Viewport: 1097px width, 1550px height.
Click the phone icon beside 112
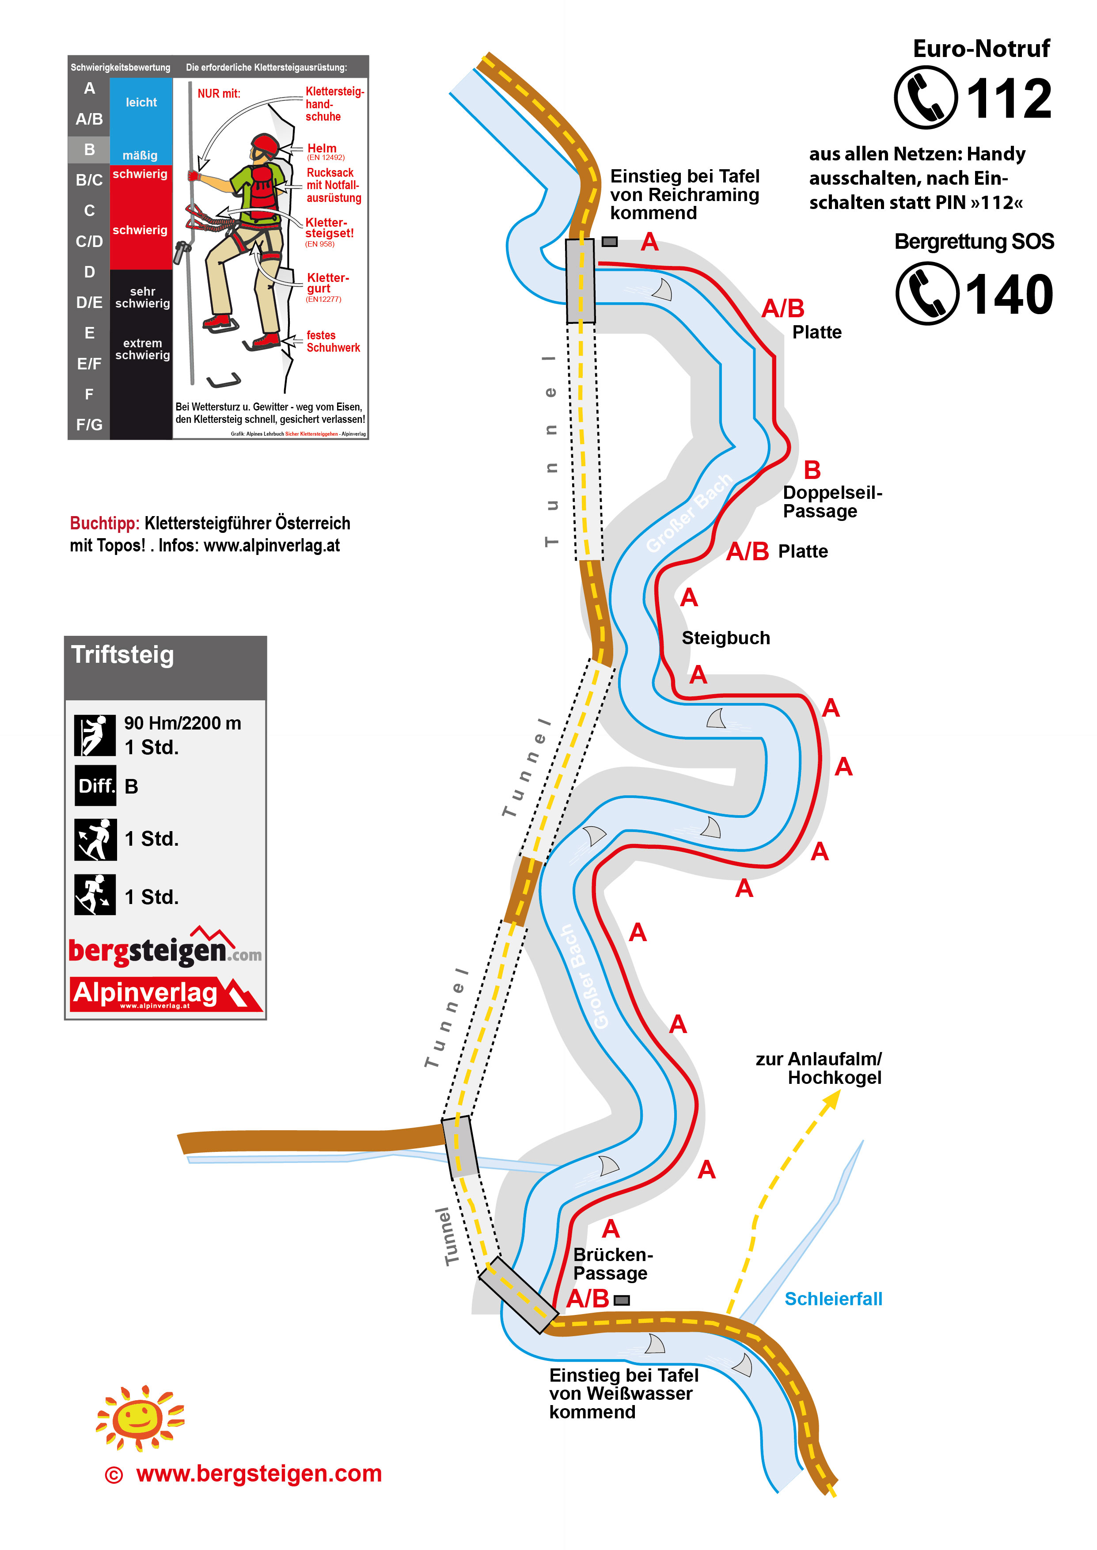926,97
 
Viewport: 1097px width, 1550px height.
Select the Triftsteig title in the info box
122,655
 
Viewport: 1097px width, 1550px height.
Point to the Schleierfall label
833,1299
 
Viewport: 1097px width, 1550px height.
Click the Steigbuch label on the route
725,638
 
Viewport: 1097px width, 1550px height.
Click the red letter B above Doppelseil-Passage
812,470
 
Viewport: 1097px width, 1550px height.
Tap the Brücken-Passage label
612,1264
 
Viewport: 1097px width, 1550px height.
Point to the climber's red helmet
265,144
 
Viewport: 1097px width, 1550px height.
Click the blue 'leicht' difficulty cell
141,103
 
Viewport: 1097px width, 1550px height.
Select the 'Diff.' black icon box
95,786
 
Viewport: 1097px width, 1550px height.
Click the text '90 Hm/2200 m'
182,723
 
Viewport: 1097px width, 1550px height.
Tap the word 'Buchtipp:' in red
105,524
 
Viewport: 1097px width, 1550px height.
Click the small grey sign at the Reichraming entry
609,241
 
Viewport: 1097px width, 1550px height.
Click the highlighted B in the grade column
89,149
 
